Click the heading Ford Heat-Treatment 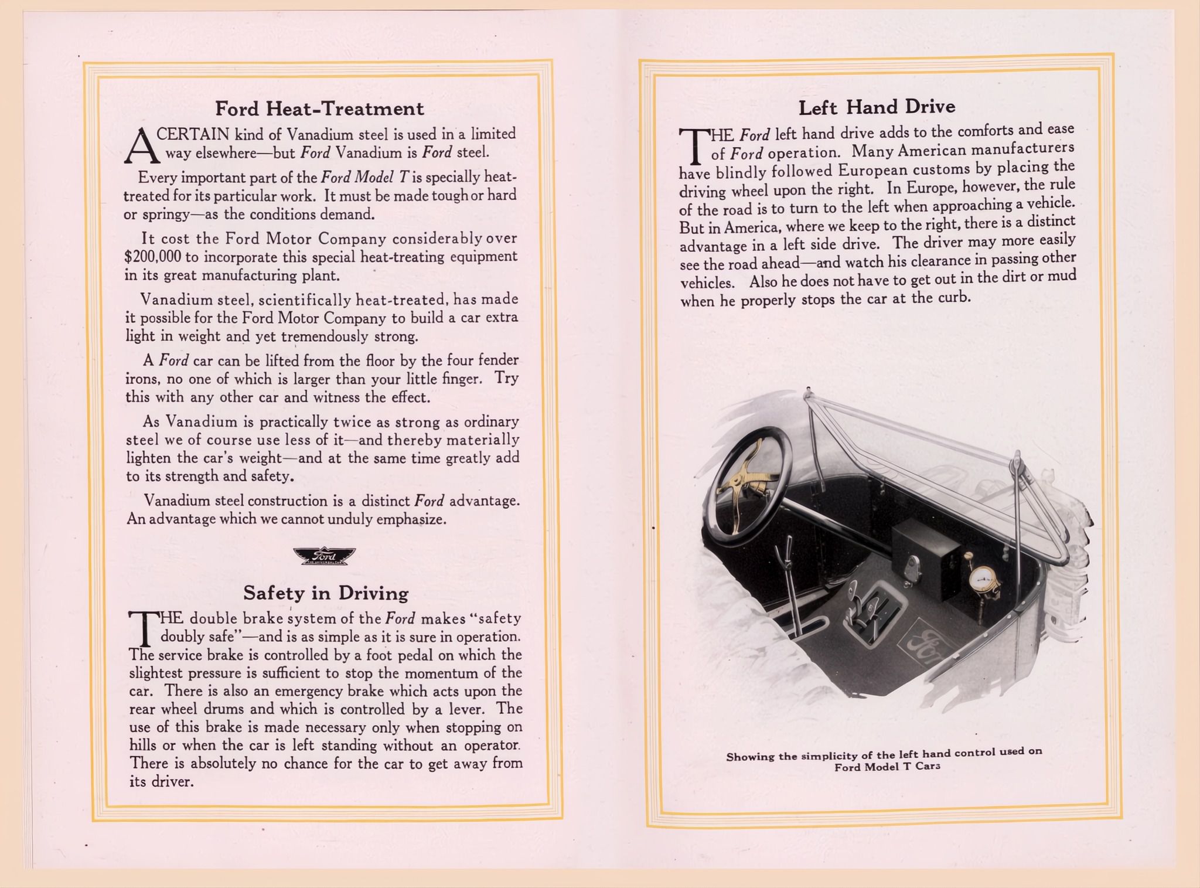pyautogui.click(x=319, y=108)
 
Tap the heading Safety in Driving pyautogui.click(x=326, y=593)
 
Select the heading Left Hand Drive pyautogui.click(x=877, y=107)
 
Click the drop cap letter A pyautogui.click(x=141, y=146)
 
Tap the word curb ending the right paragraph pyautogui.click(x=953, y=298)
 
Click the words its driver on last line pyautogui.click(x=161, y=781)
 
